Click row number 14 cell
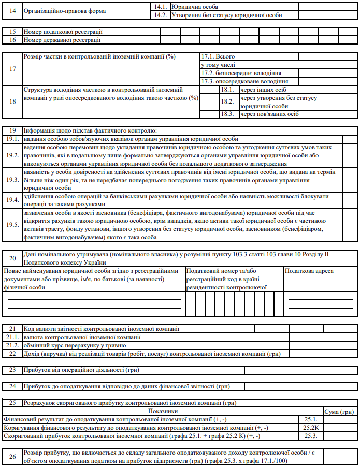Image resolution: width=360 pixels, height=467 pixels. point(12,11)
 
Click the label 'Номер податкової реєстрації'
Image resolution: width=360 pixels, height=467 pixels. point(63,32)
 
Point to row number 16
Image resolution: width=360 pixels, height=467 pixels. point(12,39)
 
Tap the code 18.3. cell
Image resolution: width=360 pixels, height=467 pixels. point(227,114)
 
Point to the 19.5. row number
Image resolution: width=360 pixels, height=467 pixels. point(12,225)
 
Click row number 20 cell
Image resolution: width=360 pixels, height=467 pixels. point(12,257)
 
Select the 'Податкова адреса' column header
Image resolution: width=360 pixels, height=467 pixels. point(310,271)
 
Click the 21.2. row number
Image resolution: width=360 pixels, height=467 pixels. point(12,345)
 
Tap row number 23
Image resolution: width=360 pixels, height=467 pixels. point(12,370)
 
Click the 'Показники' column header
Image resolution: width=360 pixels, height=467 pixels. point(162,411)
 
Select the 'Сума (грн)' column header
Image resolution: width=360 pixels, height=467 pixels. point(338,411)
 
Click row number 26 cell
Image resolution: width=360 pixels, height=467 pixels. point(12,456)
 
